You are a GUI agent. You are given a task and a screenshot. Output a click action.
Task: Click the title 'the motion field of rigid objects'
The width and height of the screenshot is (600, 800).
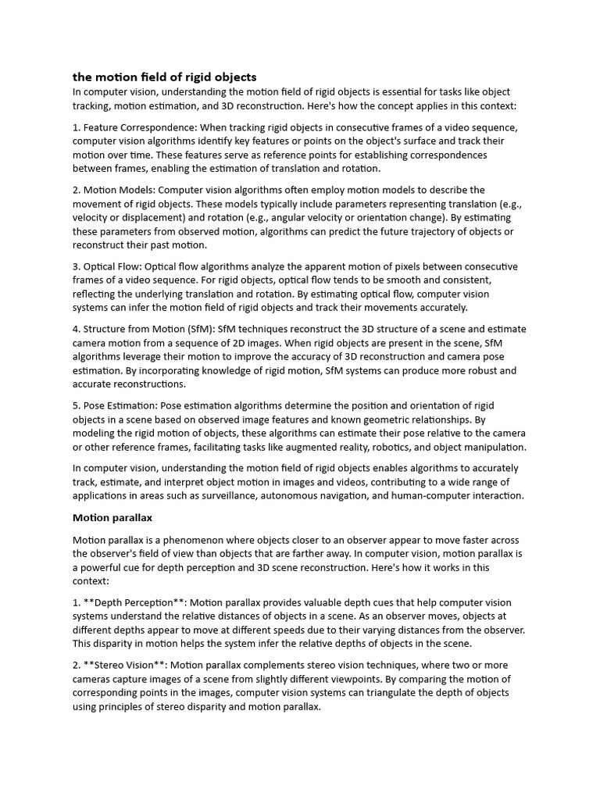(x=164, y=77)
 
